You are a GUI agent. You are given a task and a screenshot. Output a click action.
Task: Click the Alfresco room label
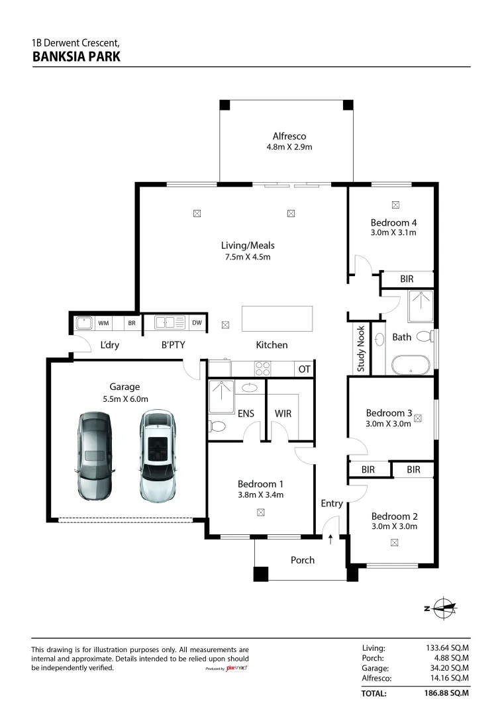289,136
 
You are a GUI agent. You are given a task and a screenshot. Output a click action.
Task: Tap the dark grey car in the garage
95,457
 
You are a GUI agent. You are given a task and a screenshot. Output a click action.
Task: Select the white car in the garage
158,456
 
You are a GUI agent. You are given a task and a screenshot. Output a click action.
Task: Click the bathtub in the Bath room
411,365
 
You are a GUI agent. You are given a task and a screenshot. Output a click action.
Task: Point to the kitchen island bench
277,318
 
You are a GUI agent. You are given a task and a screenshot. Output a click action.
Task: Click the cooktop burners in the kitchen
263,369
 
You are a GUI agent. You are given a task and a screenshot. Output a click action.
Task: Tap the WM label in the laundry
103,323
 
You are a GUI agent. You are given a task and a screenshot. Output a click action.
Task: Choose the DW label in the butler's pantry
197,323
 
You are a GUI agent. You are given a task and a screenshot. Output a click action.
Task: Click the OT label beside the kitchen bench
304,369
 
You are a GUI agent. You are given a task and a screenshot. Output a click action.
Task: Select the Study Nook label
361,348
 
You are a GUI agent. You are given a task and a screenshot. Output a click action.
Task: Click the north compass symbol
441,608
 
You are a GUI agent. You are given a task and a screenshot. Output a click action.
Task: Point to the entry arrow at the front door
330,540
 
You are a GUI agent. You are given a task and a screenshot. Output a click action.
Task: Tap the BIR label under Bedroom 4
407,279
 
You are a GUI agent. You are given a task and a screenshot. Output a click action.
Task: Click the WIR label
283,414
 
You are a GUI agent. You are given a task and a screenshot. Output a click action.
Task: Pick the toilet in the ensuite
217,426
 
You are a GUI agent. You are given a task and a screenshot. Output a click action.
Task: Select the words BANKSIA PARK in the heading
77,57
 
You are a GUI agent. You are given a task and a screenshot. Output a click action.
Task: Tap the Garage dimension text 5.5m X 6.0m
125,399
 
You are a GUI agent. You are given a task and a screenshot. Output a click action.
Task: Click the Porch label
303,560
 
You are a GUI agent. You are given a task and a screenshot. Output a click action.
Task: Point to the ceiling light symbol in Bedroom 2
395,543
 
